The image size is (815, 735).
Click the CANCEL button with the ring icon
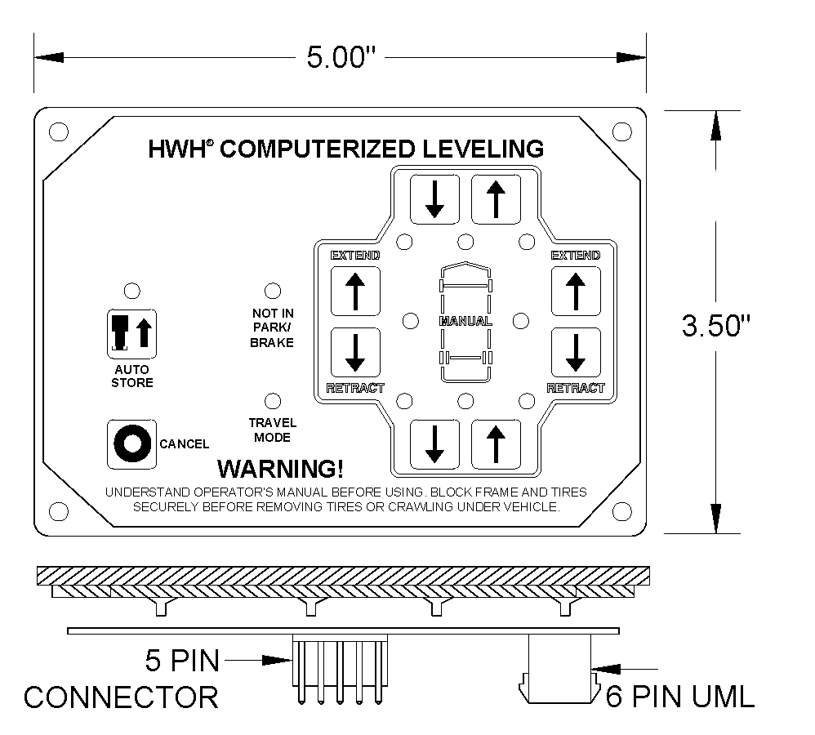click(131, 444)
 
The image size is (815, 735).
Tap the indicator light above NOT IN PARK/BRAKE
click(273, 291)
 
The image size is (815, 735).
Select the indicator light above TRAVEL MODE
click(273, 401)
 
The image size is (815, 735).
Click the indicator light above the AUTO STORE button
click(132, 291)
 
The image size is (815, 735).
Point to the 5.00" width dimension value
click(341, 57)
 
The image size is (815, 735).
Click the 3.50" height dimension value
click(715, 326)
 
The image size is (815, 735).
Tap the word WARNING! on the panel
click(280, 469)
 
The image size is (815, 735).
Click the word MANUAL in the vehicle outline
click(465, 321)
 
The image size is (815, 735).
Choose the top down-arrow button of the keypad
click(434, 199)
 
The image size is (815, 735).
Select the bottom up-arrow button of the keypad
click(496, 444)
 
